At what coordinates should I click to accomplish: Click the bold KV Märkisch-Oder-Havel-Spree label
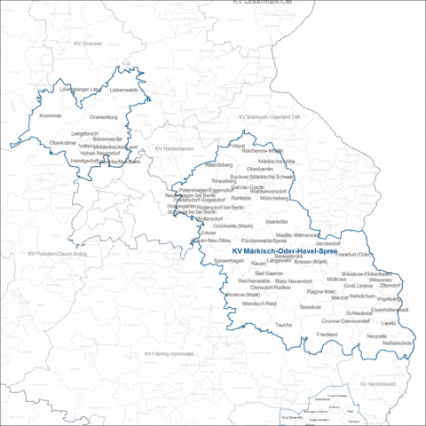[x=285, y=251]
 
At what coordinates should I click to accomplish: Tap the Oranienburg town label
[x=104, y=116]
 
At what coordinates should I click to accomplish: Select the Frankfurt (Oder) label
[x=353, y=255]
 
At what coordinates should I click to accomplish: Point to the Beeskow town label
[x=311, y=306]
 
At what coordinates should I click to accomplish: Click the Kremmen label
[x=51, y=115]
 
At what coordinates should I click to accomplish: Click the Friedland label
[x=327, y=334]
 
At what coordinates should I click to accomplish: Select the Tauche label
[x=284, y=325]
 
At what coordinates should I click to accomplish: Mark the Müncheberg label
[x=276, y=198]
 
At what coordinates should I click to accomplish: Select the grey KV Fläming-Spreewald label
[x=169, y=353]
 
